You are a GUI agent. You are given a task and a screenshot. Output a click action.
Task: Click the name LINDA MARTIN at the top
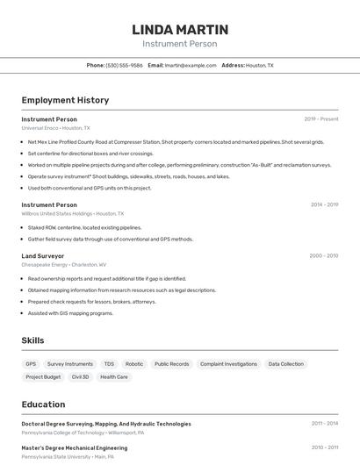[179, 29]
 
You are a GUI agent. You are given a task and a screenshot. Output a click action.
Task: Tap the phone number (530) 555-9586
[124, 65]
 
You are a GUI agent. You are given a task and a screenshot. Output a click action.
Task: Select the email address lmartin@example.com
[190, 65]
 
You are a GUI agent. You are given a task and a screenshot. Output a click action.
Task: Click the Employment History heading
[65, 100]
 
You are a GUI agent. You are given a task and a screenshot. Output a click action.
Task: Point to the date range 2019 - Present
[320, 118]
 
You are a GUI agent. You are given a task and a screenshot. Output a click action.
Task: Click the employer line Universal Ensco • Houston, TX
[55, 127]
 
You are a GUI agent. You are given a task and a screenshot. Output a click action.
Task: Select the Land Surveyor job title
[42, 255]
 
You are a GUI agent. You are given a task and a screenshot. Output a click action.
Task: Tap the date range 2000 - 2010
[323, 255]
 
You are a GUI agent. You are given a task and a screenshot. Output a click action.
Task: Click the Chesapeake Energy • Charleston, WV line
[63, 264]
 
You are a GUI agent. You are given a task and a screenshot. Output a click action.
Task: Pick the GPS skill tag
[31, 363]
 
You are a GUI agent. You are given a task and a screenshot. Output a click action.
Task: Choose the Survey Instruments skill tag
[69, 363]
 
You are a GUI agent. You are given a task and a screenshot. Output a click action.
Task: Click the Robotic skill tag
[133, 363]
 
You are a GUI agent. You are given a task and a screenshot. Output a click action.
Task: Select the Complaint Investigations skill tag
[228, 363]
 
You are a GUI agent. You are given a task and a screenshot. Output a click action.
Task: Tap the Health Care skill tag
[114, 376]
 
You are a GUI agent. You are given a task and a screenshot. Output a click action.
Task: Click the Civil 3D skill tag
[80, 376]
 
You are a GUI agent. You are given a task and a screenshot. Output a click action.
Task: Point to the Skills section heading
[32, 340]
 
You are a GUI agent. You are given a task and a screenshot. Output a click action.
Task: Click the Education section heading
[43, 404]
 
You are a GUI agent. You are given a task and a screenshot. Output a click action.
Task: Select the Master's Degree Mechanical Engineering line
[74, 447]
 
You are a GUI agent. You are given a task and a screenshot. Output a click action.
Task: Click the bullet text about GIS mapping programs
[70, 312]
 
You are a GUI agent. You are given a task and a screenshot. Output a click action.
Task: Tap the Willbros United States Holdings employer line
[72, 213]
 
